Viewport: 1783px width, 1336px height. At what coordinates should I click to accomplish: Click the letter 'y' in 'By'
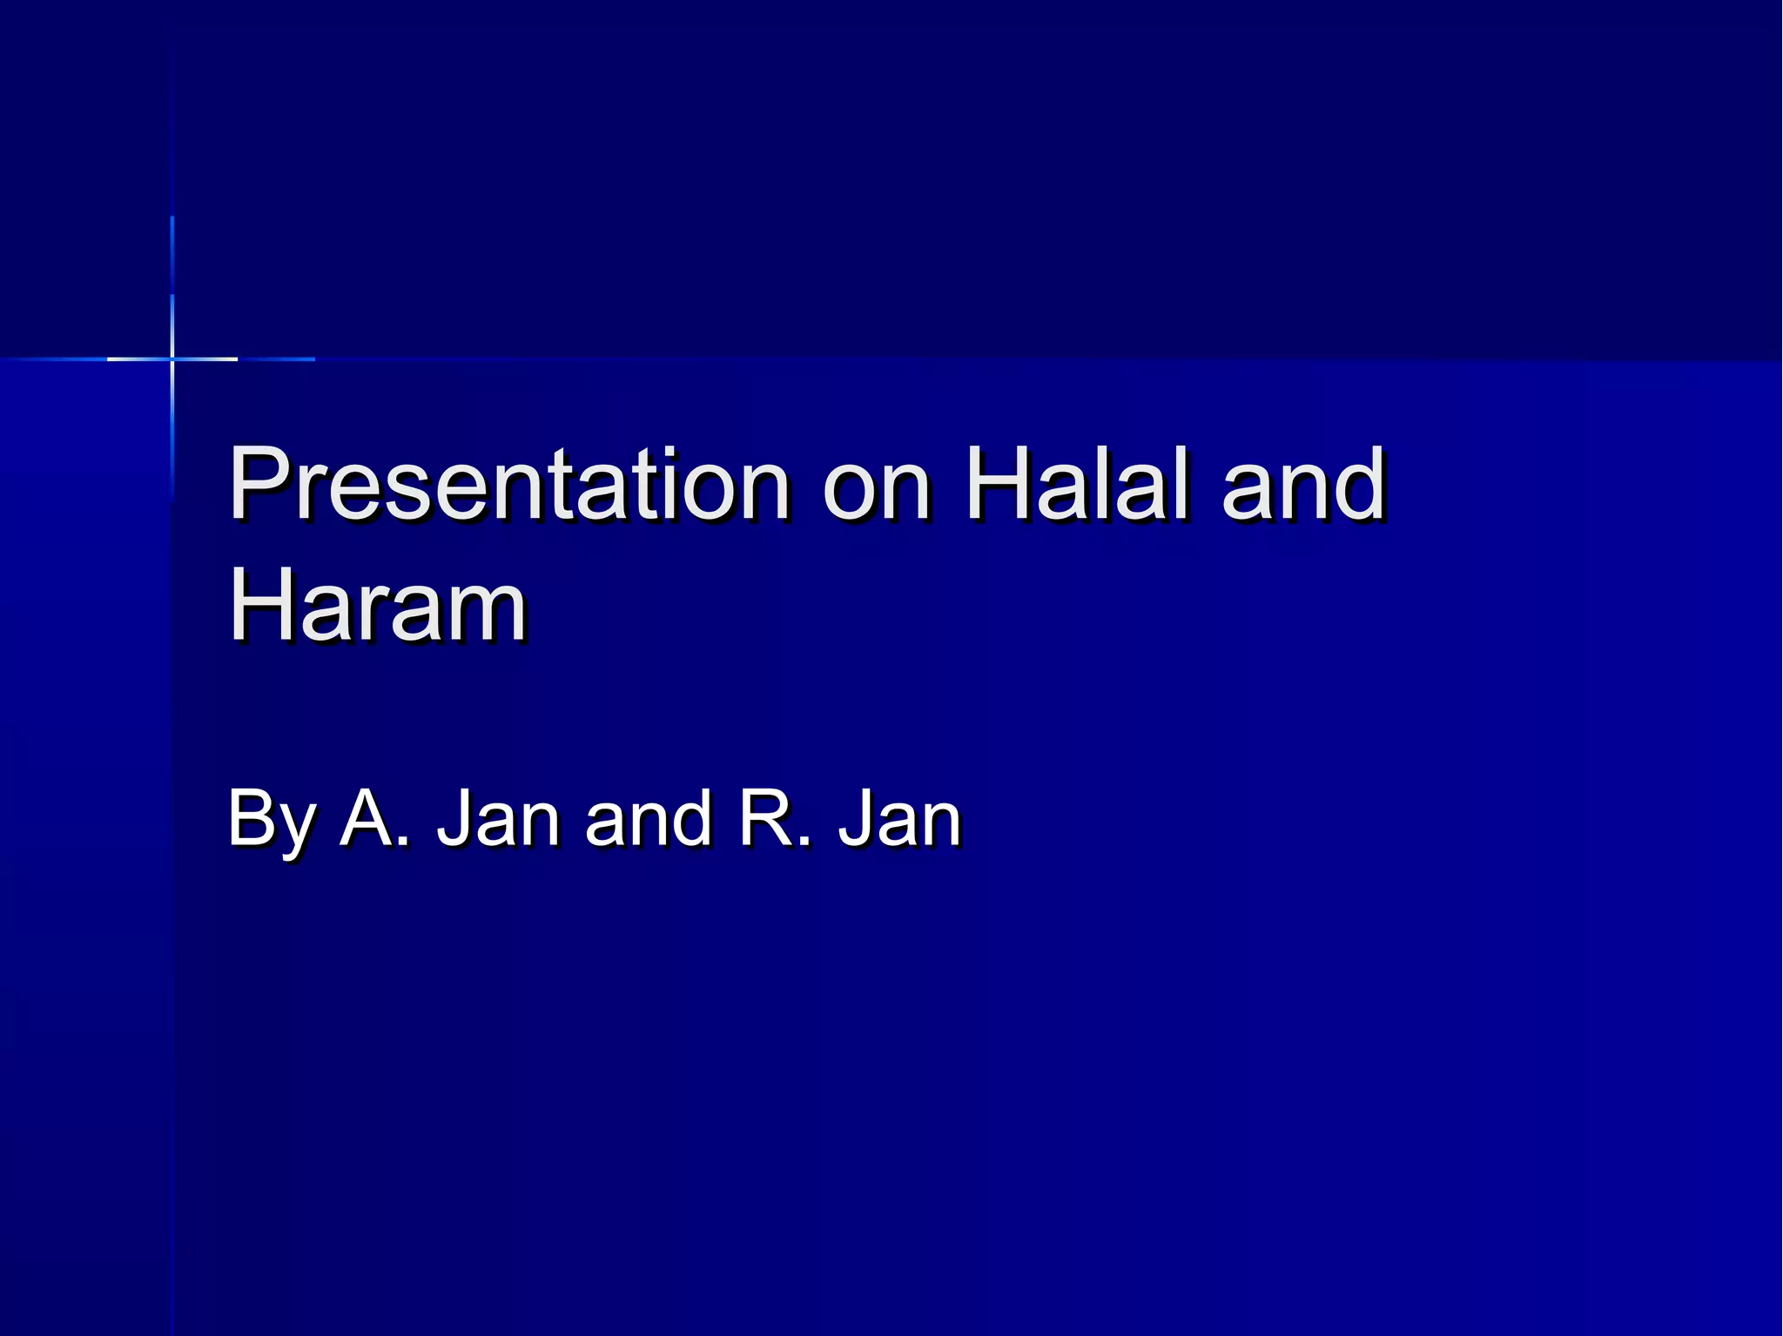point(296,829)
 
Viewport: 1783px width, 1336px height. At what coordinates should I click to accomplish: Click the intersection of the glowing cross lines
point(172,359)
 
